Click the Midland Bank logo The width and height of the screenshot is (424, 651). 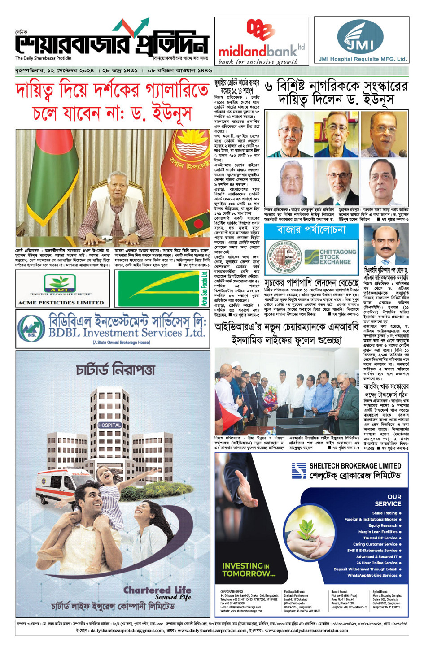[261, 42]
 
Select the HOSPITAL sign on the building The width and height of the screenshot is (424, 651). [109, 425]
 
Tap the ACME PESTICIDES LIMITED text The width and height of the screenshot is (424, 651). [61, 303]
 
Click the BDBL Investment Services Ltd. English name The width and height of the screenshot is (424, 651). [127, 333]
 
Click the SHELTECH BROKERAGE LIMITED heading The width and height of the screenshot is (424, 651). [355, 466]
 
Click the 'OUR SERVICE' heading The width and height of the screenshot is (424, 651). [388, 500]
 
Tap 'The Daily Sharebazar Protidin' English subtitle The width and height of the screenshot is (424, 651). [43, 58]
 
